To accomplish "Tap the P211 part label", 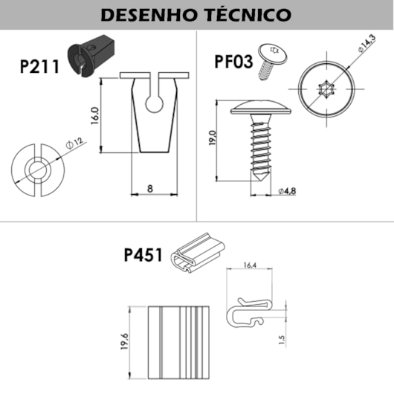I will pos(40,65).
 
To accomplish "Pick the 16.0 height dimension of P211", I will pos(94,116).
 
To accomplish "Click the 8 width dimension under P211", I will pos(150,189).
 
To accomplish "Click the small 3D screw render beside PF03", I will pos(270,60).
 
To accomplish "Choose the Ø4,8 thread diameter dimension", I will pos(288,191).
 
